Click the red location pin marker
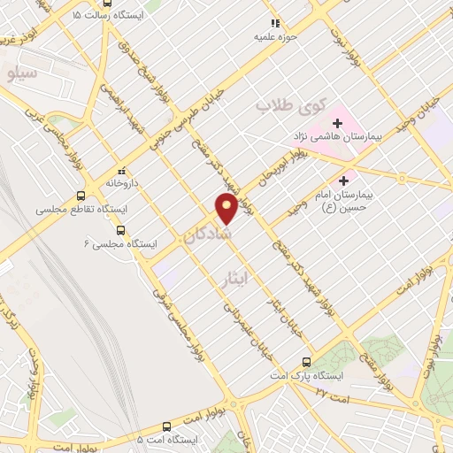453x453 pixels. [x=226, y=207]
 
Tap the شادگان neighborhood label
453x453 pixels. [x=209, y=234]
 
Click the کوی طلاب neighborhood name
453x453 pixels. [x=288, y=104]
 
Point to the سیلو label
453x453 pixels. [x=21, y=73]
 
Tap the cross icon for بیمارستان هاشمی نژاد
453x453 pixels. [x=337, y=123]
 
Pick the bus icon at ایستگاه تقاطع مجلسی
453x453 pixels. [x=81, y=196]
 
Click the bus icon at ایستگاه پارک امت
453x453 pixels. [x=307, y=361]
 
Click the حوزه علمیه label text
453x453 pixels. [x=288, y=37]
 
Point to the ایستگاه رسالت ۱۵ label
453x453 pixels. [x=76, y=16]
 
